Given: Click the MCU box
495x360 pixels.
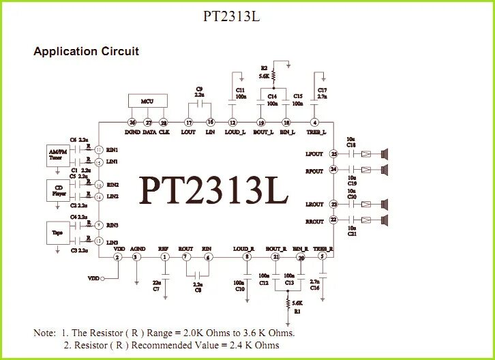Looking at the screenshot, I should point(147,101).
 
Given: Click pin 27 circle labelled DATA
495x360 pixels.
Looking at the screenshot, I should point(149,122).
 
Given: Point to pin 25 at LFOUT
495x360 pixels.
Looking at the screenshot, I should point(333,154).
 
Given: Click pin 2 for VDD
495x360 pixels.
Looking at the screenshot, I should point(117,257).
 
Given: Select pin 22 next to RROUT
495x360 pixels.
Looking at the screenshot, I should point(333,220).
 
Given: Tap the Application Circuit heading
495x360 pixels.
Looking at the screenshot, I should point(86,51).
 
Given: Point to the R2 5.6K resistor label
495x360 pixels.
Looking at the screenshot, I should point(264,72).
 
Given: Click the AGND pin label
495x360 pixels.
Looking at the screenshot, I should point(137,249).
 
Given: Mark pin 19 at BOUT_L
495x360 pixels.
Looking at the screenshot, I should point(260,122).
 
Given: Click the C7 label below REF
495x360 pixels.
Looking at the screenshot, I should point(157,288).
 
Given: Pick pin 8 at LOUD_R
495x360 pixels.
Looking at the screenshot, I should point(237,257).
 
